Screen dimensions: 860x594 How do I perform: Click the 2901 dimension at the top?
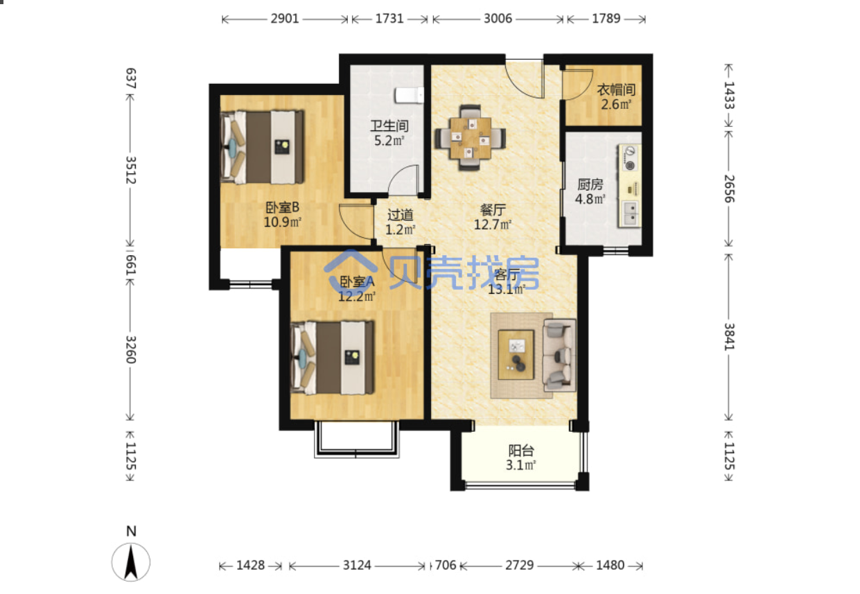pyautogui.click(x=285, y=19)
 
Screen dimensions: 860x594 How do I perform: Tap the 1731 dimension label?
pyautogui.click(x=389, y=19)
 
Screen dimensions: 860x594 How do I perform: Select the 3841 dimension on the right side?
pyautogui.click(x=729, y=336)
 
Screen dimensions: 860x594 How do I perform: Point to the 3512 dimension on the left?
pyautogui.click(x=131, y=170)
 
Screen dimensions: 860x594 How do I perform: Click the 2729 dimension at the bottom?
pyautogui.click(x=519, y=565)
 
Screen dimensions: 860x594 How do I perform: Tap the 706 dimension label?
pyautogui.click(x=446, y=565)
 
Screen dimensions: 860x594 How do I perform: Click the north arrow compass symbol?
pyautogui.click(x=131, y=562)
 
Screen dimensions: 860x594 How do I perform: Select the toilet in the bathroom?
pyautogui.click(x=410, y=95)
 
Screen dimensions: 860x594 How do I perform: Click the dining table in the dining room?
pyautogui.click(x=471, y=138)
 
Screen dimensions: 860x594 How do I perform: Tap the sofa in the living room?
pyautogui.click(x=559, y=355)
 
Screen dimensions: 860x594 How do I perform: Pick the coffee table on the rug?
pyautogui.click(x=516, y=355)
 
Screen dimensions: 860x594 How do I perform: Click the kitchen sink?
pyautogui.click(x=631, y=213)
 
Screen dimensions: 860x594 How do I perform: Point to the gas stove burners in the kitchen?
pyautogui.click(x=630, y=158)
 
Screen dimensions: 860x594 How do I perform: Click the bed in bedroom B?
pyautogui.click(x=262, y=147)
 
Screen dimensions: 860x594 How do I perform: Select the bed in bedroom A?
pyautogui.click(x=333, y=358)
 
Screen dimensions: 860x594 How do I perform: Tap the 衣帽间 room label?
pyautogui.click(x=616, y=90)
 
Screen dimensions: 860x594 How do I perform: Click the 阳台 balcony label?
pyautogui.click(x=521, y=451)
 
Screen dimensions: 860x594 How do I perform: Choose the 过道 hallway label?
pyautogui.click(x=401, y=215)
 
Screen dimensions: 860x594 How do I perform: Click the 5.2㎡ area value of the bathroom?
pyautogui.click(x=389, y=141)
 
